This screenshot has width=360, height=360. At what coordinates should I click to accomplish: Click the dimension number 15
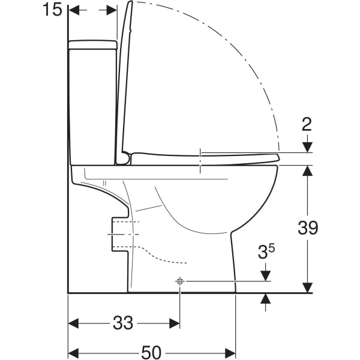click(52, 10)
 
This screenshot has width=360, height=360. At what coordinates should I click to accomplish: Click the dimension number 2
click(307, 125)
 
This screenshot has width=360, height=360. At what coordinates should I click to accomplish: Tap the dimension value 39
click(308, 227)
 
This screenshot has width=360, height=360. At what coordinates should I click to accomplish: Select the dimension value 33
click(123, 323)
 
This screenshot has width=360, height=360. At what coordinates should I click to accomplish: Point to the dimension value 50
click(151, 352)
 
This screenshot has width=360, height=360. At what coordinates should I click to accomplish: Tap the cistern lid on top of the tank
click(93, 45)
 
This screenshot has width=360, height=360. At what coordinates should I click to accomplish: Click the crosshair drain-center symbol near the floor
click(179, 281)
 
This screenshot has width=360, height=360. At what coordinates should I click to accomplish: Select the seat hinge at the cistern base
click(124, 158)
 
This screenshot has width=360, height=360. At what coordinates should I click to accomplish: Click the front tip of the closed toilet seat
click(278, 158)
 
